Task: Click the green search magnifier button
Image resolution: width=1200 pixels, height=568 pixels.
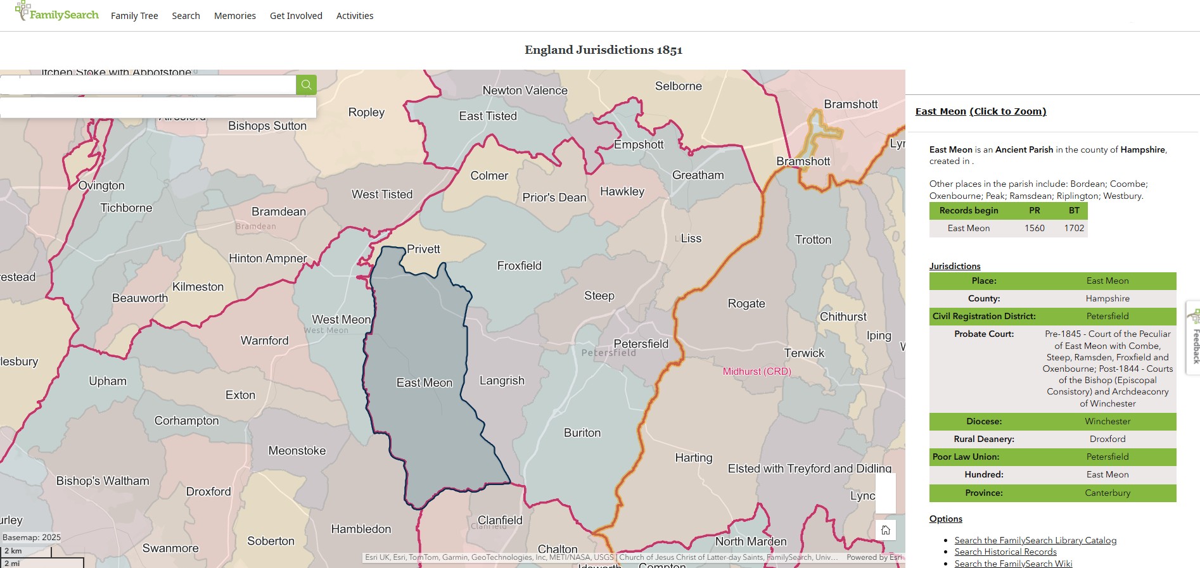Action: [306, 85]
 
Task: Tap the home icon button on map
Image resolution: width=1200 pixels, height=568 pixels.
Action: [885, 530]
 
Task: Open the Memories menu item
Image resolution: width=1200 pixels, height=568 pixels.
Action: [234, 16]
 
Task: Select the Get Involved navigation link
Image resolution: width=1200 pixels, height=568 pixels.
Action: [296, 16]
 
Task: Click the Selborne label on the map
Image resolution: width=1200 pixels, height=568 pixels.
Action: [678, 86]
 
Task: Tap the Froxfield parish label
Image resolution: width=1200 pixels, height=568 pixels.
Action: [519, 266]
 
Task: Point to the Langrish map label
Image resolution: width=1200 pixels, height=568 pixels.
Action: [502, 381]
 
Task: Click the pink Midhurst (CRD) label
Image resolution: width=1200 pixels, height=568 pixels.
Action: [756, 372]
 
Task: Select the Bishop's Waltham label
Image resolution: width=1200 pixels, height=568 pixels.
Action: [103, 481]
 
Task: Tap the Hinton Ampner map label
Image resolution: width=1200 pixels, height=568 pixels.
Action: [267, 258]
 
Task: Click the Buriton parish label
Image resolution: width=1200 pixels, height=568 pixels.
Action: [582, 433]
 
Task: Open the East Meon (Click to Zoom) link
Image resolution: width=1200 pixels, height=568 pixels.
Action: [980, 111]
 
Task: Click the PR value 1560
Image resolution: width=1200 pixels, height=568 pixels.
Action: [1034, 229]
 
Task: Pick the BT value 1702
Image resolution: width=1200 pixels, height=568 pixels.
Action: [1074, 229]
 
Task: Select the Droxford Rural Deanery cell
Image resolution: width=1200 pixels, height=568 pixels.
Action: [1107, 439]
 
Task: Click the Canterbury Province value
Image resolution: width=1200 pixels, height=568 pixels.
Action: [1107, 493]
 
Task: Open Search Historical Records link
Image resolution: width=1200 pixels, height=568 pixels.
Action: [1005, 552]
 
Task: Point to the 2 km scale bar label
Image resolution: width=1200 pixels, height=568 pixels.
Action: [13, 551]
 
